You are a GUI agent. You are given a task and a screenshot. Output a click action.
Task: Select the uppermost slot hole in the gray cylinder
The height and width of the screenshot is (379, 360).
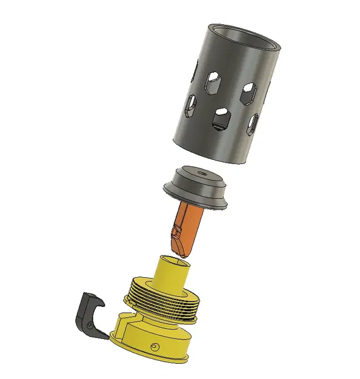tap(213, 81)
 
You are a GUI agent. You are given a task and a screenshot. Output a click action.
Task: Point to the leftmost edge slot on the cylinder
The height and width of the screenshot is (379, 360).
tap(188, 107)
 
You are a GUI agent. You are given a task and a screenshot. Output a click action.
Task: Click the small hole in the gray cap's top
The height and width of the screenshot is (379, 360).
tap(201, 174)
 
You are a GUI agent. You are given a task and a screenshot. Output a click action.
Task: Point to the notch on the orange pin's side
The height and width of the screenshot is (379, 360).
tap(176, 232)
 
